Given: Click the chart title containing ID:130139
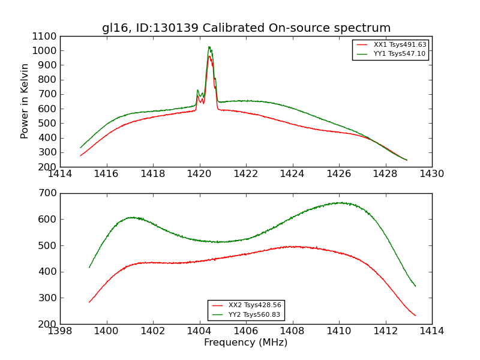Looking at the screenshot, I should [246, 28].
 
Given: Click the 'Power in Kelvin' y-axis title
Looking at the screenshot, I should [25, 101].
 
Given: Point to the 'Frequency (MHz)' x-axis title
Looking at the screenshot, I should [246, 343].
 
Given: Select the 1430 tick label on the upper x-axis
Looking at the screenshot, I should [432, 174].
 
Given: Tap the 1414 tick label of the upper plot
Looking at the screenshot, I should [60, 174].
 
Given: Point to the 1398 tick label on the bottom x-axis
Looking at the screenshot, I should [60, 331].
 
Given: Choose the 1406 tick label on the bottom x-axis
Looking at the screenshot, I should [246, 331].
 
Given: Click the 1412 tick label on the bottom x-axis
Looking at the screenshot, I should [385, 331].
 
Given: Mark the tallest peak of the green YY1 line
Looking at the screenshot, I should [209, 47].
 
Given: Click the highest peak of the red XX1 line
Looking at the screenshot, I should [209, 56].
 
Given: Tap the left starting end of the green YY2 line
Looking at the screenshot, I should [89, 267].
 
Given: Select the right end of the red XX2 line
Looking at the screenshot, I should [415, 316].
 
